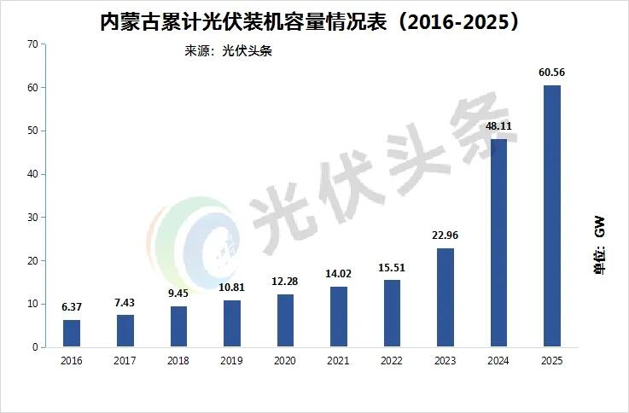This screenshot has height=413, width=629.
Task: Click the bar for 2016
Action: (72, 334)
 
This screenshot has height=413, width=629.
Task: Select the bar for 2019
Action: (232, 324)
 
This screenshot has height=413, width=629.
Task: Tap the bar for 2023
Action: (445, 298)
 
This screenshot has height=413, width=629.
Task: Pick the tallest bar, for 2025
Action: (552, 217)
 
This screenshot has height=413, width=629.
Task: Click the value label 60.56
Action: (552, 72)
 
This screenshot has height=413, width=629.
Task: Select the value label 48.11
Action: (498, 125)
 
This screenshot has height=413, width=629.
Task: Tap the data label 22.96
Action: (445, 235)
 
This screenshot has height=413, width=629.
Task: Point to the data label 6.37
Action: (72, 306)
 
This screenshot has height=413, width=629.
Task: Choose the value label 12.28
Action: (285, 281)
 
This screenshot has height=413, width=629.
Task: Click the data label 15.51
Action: (392, 267)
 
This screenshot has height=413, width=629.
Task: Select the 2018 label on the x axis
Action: (178, 362)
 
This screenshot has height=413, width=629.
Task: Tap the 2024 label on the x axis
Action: (498, 362)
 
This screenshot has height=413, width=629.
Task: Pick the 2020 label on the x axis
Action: (285, 362)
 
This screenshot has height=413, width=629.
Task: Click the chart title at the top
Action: (310, 20)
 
